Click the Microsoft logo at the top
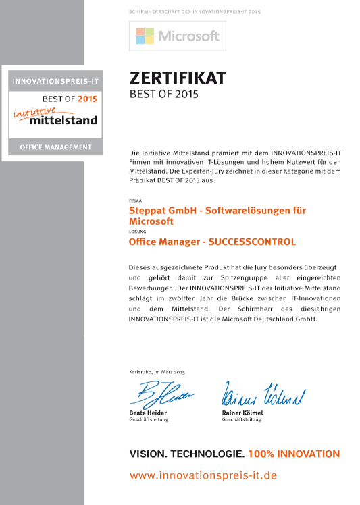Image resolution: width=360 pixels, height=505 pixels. tap(178, 36)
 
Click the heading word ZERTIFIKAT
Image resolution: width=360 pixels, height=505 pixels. tap(178, 78)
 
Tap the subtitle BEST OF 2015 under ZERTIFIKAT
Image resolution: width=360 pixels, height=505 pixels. tap(163, 95)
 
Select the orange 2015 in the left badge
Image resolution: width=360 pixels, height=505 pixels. tap(87, 99)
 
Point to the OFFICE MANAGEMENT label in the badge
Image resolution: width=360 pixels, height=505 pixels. tap(55, 147)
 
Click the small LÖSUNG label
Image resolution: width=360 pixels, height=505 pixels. tap(135, 232)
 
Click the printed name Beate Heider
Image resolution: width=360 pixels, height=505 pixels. tap(147, 413)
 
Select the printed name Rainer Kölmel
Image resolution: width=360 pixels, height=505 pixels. tap(242, 413)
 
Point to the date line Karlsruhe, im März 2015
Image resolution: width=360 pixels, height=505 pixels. tap(156, 372)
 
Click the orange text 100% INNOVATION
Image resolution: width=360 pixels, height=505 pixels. tap(294, 454)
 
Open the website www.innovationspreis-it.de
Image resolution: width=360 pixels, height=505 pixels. tap(203, 475)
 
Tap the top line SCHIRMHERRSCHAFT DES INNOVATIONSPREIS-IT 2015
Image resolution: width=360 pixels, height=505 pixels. tap(194, 12)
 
